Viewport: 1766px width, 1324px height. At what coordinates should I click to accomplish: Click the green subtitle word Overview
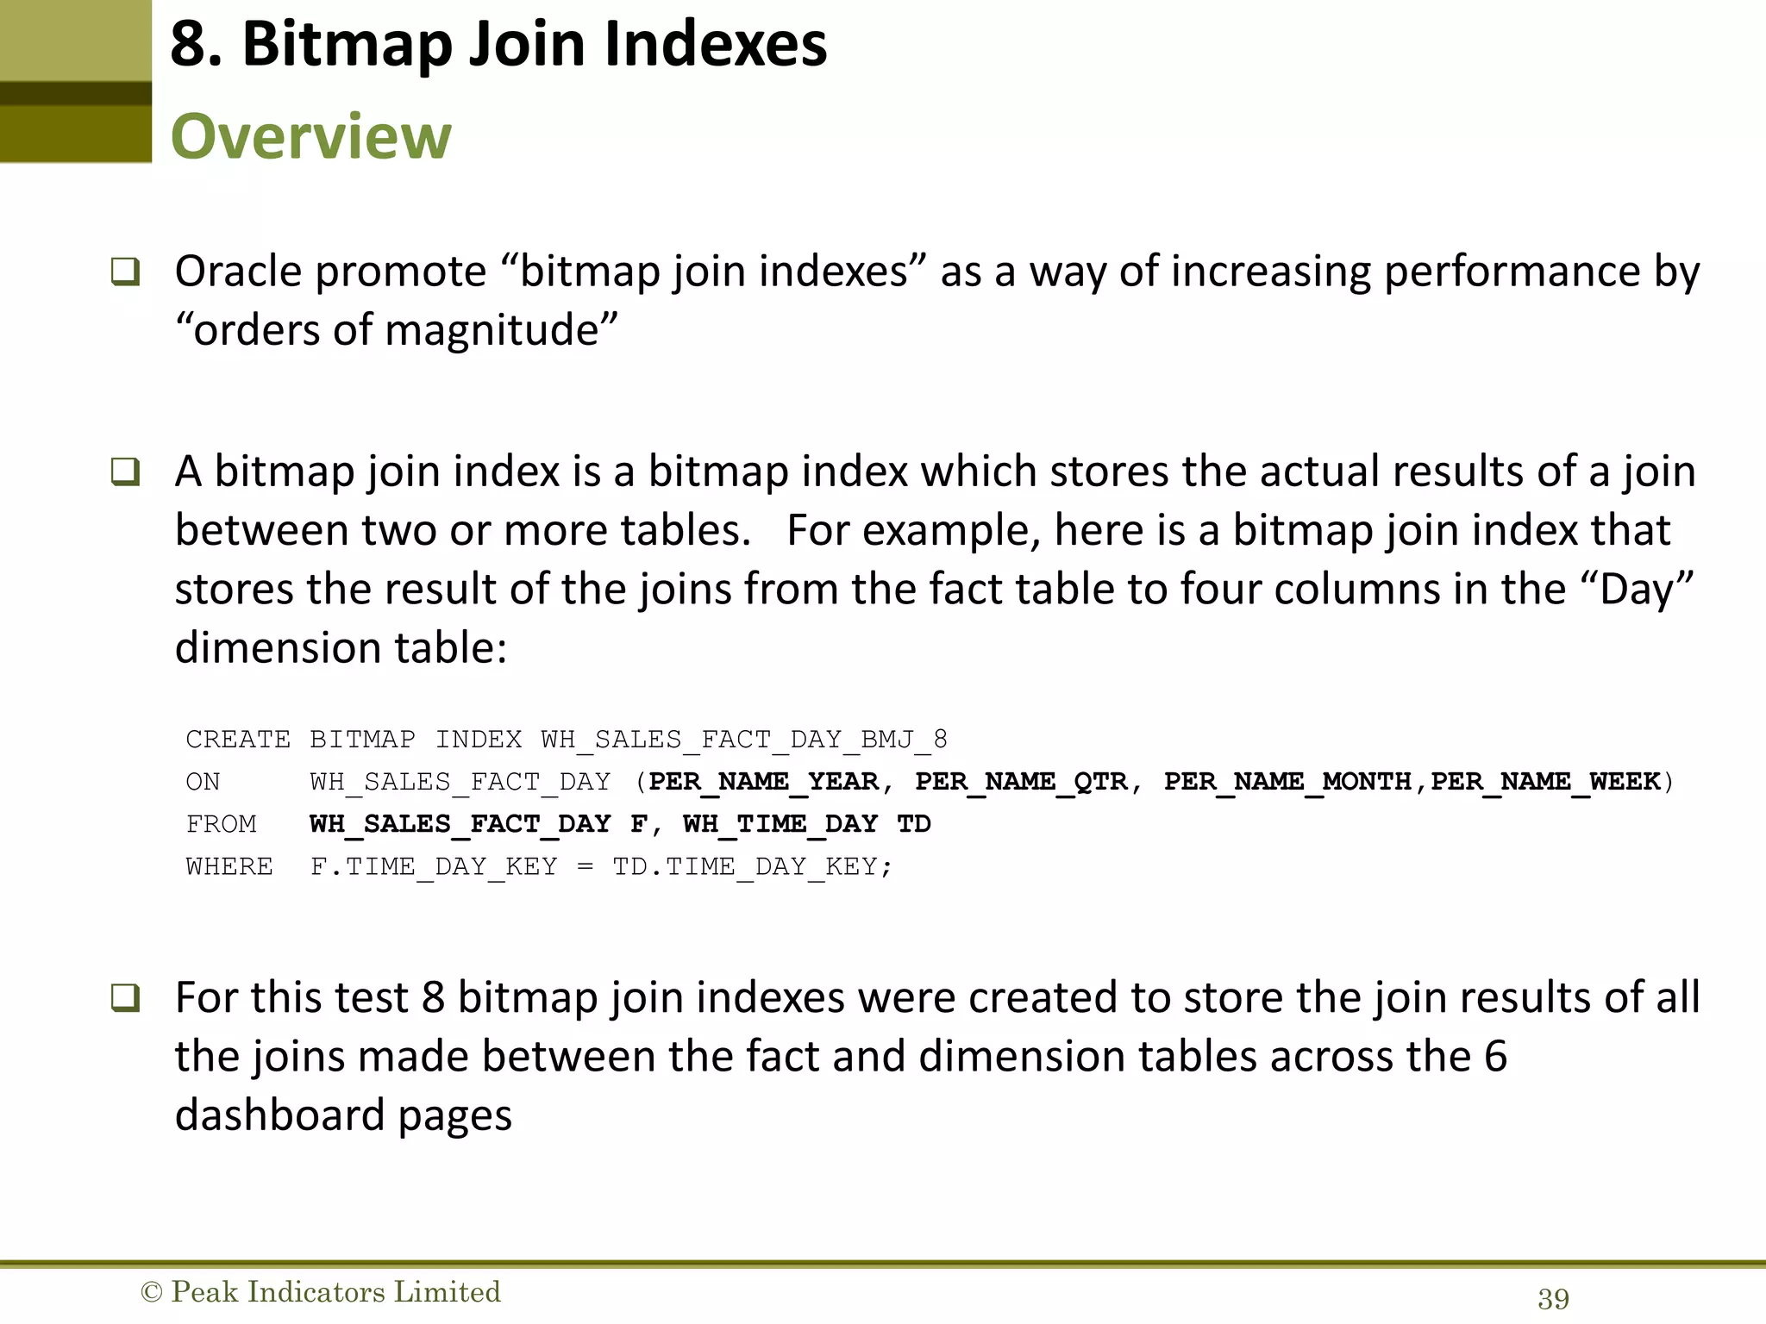coord(310,136)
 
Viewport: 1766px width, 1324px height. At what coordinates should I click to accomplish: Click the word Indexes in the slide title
coord(715,44)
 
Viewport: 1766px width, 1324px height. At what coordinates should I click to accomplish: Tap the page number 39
coord(1553,1298)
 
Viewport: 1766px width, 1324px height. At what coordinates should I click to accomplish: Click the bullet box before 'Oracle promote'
coord(125,272)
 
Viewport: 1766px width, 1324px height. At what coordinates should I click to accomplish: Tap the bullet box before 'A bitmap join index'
coord(125,472)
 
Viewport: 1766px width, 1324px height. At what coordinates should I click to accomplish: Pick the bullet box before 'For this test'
coord(125,998)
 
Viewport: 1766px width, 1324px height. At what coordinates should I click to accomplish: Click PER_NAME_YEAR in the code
coord(763,781)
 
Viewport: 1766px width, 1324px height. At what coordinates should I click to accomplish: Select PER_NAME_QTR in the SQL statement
coord(1021,781)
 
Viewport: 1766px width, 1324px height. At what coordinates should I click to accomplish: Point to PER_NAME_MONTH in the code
coord(1287,781)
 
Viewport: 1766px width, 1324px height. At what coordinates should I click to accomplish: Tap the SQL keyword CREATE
coord(238,739)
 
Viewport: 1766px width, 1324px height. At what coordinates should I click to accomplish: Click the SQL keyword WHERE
coord(229,865)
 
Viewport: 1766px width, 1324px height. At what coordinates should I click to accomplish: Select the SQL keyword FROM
coord(221,823)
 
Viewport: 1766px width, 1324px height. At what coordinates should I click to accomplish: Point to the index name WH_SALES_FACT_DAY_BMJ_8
coord(743,739)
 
